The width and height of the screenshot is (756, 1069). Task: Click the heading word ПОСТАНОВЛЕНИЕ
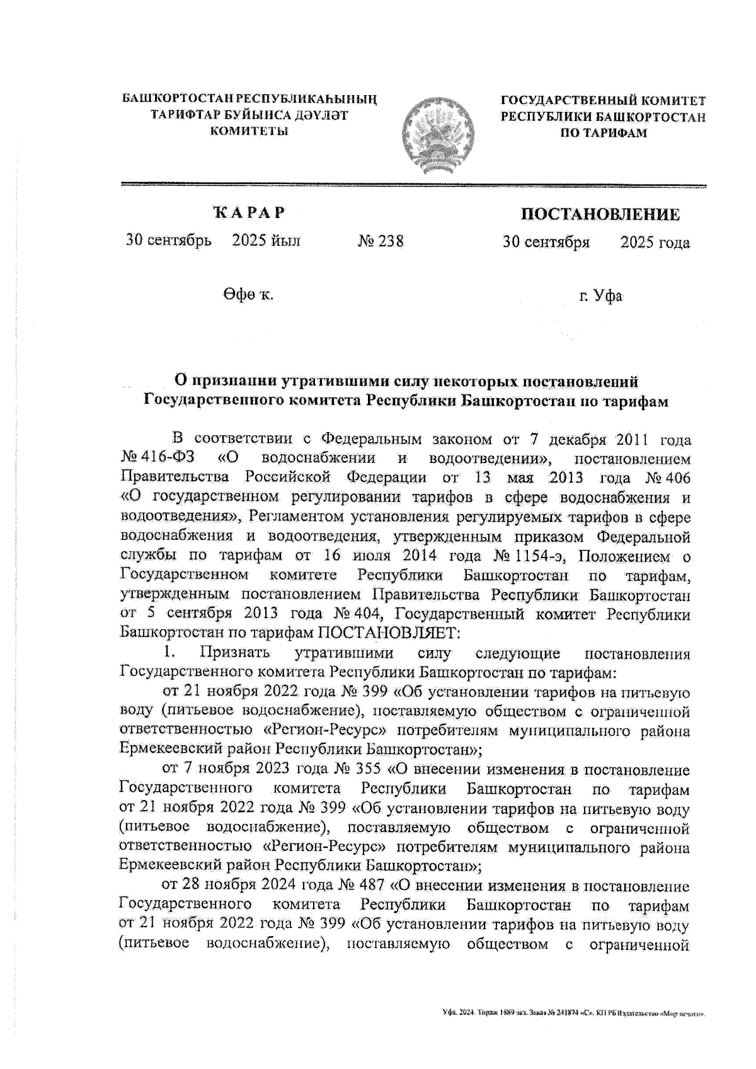pos(600,214)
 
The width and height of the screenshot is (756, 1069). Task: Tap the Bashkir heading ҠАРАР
pos(249,213)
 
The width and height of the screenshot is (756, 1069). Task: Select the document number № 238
pos(381,241)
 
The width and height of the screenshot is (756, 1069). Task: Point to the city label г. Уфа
pos(601,295)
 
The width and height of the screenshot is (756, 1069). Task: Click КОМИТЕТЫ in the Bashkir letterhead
pos(249,130)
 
